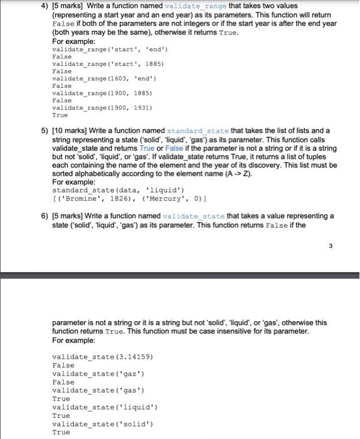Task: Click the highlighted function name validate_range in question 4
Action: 188,6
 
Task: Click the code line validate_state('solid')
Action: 103,424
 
